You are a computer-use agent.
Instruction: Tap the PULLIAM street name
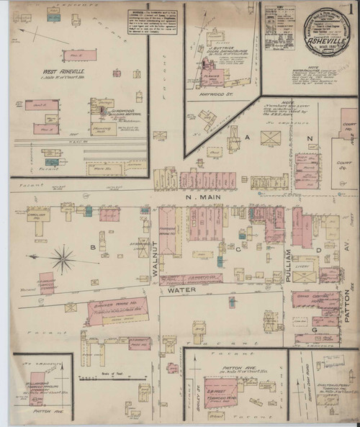point(289,261)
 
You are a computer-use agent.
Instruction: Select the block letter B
point(92,247)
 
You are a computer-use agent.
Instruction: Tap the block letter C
point(237,248)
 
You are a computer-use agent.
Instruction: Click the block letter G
point(314,329)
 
